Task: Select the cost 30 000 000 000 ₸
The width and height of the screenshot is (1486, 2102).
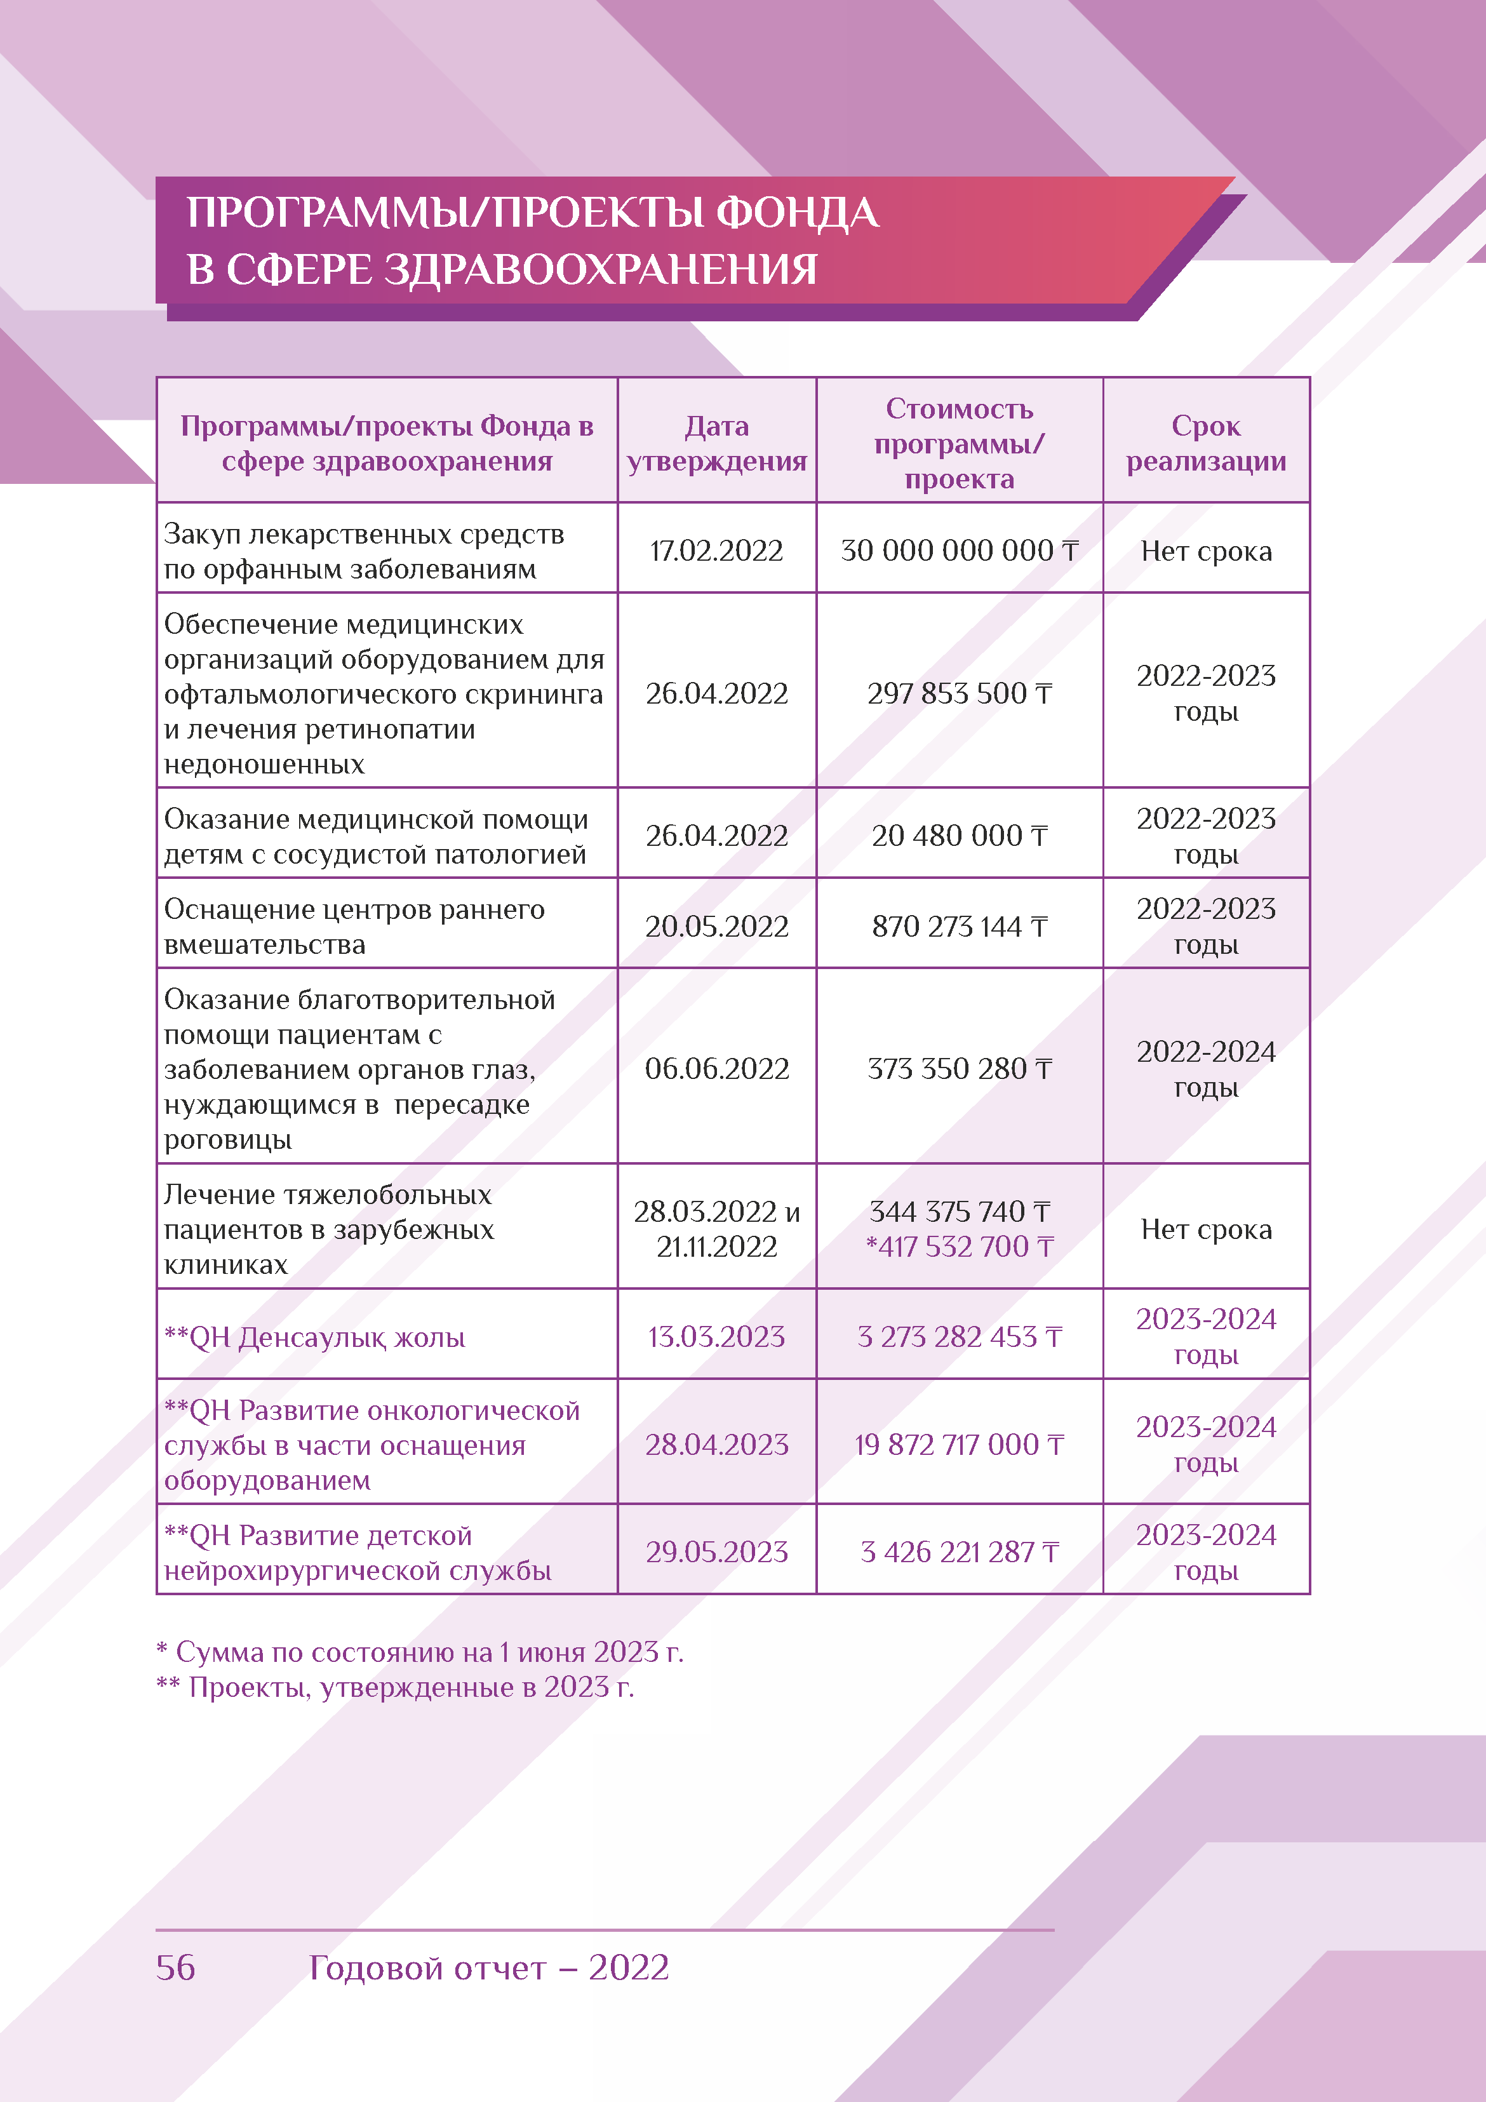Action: [959, 551]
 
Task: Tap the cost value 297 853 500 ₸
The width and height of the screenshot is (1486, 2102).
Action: [959, 694]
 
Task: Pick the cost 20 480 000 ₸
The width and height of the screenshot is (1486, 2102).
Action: [959, 836]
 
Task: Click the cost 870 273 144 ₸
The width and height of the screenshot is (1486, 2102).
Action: [959, 927]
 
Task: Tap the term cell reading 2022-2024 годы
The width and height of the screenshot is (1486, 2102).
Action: [1206, 1068]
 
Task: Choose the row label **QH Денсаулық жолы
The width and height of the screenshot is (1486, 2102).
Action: [314, 1337]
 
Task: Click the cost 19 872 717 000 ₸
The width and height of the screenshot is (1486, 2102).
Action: [959, 1445]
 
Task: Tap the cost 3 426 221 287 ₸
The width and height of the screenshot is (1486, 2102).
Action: [959, 1552]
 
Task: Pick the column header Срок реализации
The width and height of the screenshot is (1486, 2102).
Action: [1206, 443]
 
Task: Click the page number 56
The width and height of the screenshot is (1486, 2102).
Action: [176, 1967]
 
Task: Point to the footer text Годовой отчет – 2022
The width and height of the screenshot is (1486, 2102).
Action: [488, 1967]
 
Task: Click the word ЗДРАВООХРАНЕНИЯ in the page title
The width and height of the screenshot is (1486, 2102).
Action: [599, 270]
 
